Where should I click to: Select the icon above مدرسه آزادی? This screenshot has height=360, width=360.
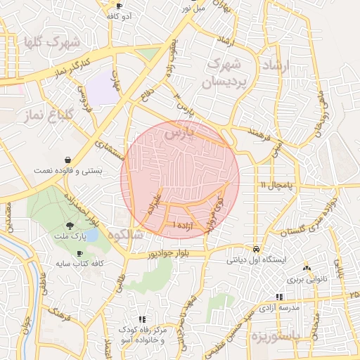[280, 297]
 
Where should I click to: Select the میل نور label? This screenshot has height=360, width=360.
[191, 8]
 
